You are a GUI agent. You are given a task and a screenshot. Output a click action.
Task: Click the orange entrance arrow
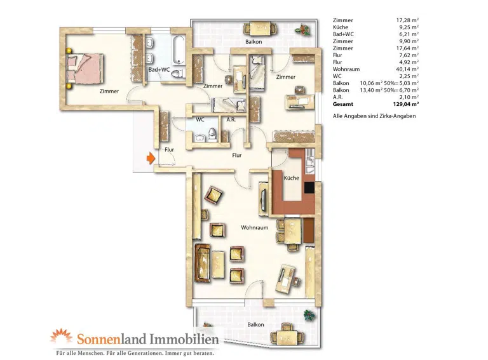(x=151, y=158)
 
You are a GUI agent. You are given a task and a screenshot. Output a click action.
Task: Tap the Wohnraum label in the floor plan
(x=255, y=227)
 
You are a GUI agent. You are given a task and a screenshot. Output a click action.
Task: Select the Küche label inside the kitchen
(x=291, y=178)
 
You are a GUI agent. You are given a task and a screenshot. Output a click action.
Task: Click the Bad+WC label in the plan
(x=159, y=70)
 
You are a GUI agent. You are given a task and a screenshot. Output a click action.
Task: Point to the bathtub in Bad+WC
(x=179, y=50)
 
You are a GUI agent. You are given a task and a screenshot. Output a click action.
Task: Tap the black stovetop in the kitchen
(x=309, y=187)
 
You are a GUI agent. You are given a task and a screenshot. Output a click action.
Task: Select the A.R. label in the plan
(x=231, y=119)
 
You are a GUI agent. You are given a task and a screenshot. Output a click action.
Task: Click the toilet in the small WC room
(x=212, y=135)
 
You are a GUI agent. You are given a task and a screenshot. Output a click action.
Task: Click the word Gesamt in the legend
(x=343, y=105)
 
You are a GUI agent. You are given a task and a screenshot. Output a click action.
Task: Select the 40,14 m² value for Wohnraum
(x=407, y=69)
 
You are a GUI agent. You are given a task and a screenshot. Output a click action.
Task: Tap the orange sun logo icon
(x=61, y=336)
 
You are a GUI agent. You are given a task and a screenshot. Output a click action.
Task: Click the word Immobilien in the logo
(x=184, y=339)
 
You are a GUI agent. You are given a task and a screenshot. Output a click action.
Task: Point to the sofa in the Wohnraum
(x=203, y=263)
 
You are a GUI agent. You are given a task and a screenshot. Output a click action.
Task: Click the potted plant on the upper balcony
(x=303, y=30)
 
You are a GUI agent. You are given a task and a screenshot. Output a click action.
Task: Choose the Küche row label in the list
(x=341, y=27)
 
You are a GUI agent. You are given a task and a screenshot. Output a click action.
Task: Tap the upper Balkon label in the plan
(x=254, y=42)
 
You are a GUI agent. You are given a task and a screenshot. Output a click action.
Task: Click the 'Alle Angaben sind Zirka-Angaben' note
(x=374, y=116)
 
